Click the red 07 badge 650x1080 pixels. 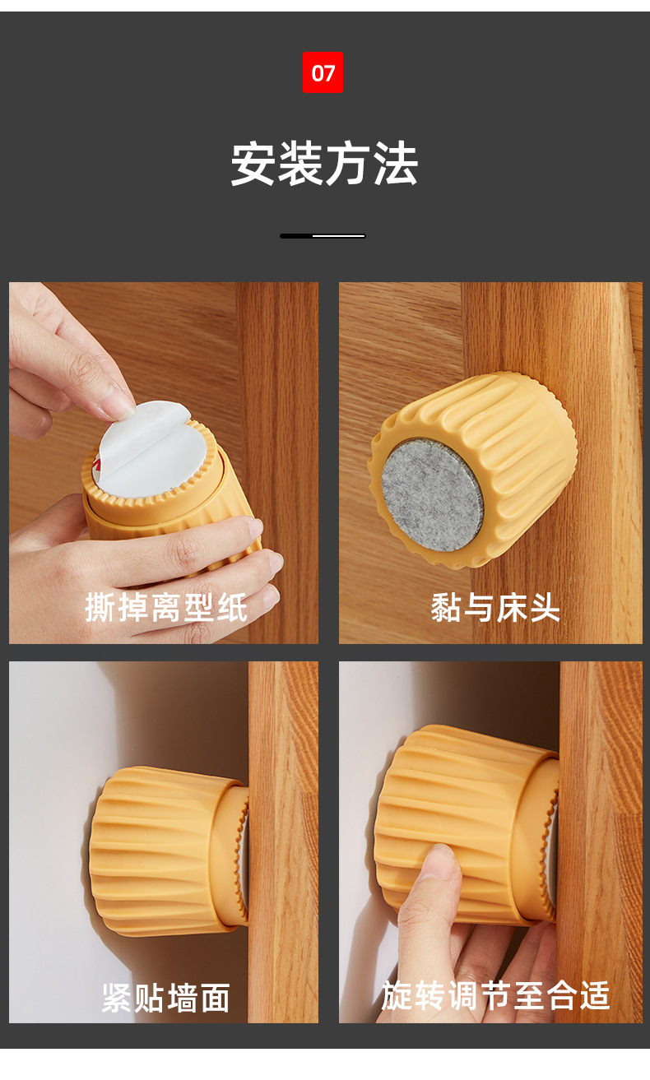(x=323, y=73)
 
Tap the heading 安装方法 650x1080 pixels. (x=324, y=165)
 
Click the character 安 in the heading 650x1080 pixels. (x=253, y=165)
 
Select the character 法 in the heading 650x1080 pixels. (x=396, y=165)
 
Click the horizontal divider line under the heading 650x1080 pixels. (x=323, y=236)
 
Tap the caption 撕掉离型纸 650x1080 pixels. (x=166, y=608)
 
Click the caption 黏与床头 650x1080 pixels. (x=495, y=608)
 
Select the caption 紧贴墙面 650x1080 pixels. (x=166, y=997)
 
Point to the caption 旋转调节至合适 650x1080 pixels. (x=495, y=995)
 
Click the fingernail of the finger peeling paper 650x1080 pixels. (x=121, y=405)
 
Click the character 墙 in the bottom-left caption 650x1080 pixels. (x=183, y=997)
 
